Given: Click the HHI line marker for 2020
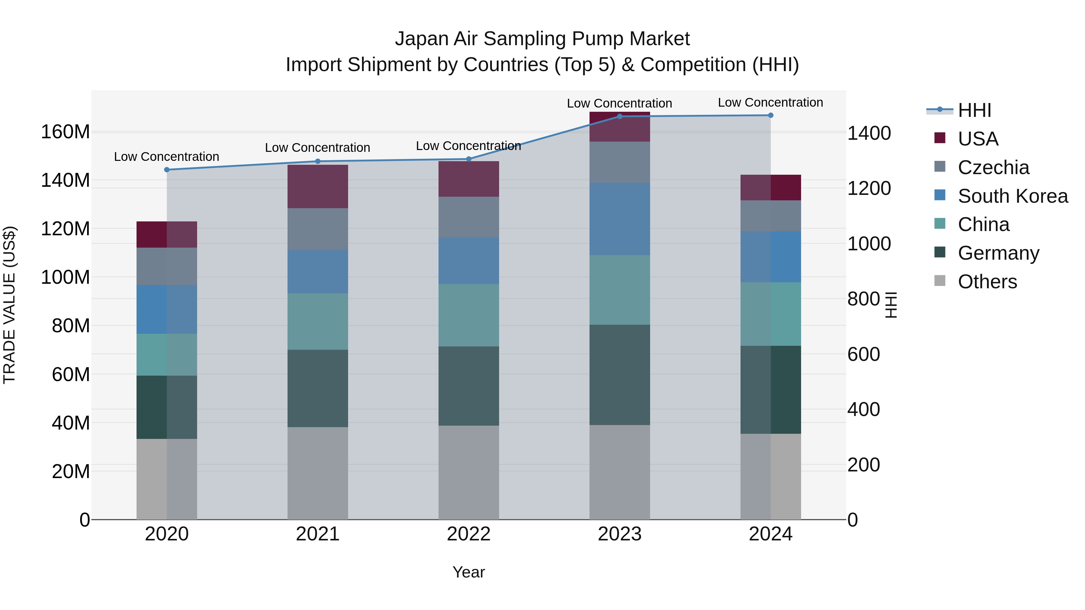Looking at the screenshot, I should pyautogui.click(x=167, y=170).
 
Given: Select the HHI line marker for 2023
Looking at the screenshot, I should pyautogui.click(x=620, y=117).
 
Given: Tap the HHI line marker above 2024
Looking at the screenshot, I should pyautogui.click(x=771, y=115).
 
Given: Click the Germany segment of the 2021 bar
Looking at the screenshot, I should pyautogui.click(x=318, y=388).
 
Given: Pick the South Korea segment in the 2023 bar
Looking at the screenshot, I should pyautogui.click(x=620, y=219).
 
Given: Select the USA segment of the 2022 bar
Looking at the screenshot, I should pyautogui.click(x=469, y=179).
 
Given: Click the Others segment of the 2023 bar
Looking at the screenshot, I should pyautogui.click(x=620, y=472).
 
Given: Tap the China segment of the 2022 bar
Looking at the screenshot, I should pyautogui.click(x=469, y=315).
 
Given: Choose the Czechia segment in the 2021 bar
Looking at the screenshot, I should pyautogui.click(x=318, y=229).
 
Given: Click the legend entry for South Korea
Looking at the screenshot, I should pyautogui.click(x=1013, y=196).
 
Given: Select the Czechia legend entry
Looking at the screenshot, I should pyautogui.click(x=993, y=167).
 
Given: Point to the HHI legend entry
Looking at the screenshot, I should pyautogui.click(x=974, y=110).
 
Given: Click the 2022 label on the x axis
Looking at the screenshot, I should pyautogui.click(x=469, y=534).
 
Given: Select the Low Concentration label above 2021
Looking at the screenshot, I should pyautogui.click(x=318, y=148).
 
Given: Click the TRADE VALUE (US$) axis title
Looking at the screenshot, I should pyautogui.click(x=9, y=305).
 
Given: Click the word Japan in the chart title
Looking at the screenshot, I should pyautogui.click(x=422, y=39).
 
